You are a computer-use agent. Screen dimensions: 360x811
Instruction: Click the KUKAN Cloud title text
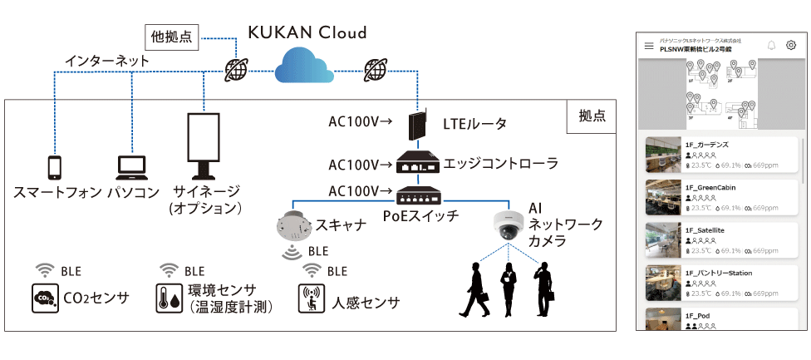[x=307, y=32]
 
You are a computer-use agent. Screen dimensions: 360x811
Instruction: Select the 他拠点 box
[x=172, y=36]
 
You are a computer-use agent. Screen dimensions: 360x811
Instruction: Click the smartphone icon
[x=55, y=166]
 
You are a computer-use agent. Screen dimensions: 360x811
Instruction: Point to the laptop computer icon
[x=131, y=167]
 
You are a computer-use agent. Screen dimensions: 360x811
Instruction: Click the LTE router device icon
[x=416, y=126]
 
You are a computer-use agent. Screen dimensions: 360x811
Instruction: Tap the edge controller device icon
[x=416, y=163]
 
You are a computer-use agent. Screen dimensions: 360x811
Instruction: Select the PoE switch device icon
[x=416, y=196]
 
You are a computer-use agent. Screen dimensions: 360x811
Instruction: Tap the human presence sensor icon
[x=311, y=298]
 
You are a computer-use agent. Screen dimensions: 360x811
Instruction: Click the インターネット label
[x=108, y=61]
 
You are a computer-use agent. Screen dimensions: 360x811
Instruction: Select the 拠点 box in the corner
[x=592, y=116]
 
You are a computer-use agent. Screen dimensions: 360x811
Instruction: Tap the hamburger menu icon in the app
[x=649, y=46]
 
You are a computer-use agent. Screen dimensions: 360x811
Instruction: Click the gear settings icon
[x=791, y=46]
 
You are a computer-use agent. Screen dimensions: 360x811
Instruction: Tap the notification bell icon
[x=772, y=46]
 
